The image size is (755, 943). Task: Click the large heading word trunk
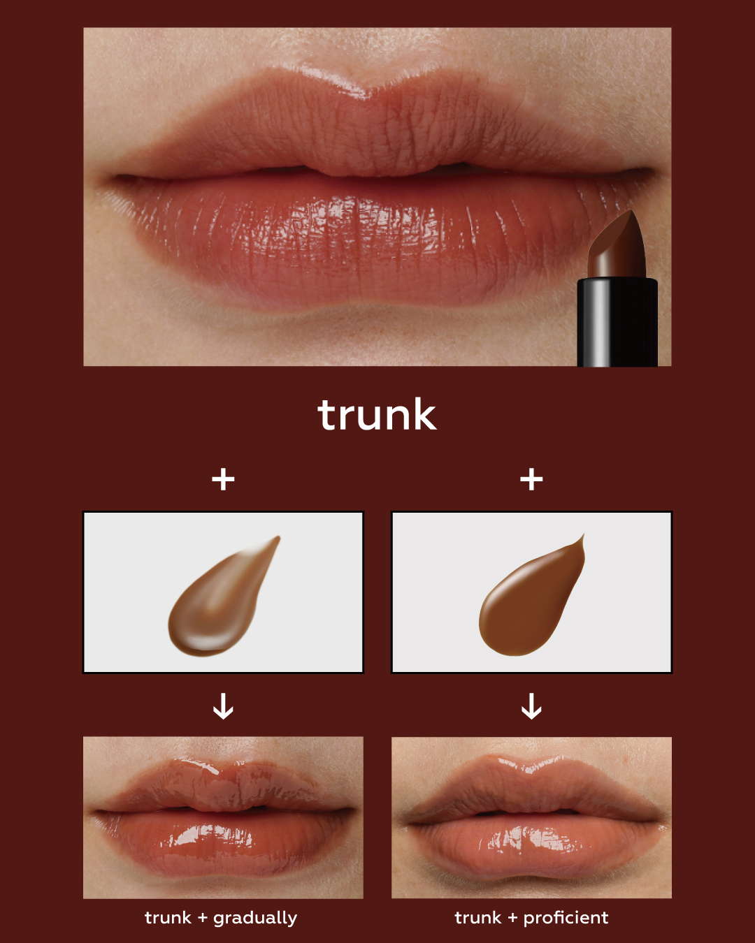coord(377,414)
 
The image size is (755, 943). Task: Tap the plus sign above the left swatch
coord(223,479)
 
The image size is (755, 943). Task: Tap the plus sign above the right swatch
coord(531,479)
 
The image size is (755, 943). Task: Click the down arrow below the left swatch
coord(223,706)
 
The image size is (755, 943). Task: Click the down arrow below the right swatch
coord(531,706)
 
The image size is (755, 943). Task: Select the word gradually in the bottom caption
coord(255,919)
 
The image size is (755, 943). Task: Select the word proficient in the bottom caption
coord(566,918)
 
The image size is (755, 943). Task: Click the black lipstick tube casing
coord(617,322)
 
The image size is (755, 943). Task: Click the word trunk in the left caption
coord(168,918)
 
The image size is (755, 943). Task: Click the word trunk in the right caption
coord(477,918)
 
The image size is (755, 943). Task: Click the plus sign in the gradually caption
coord(203,918)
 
